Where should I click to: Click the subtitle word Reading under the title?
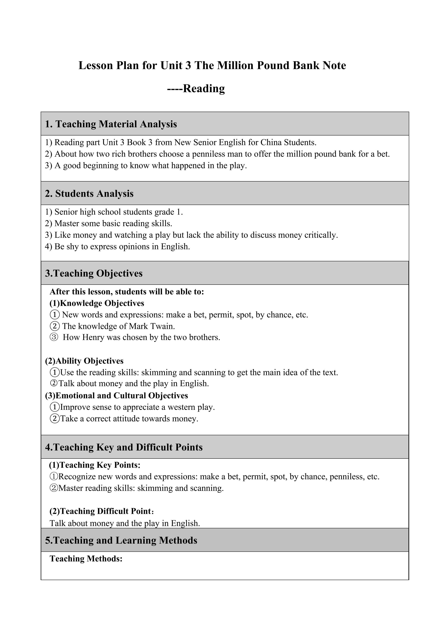(x=204, y=88)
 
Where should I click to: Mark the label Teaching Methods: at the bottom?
(x=86, y=559)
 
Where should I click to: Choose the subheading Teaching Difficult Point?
(x=102, y=511)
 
